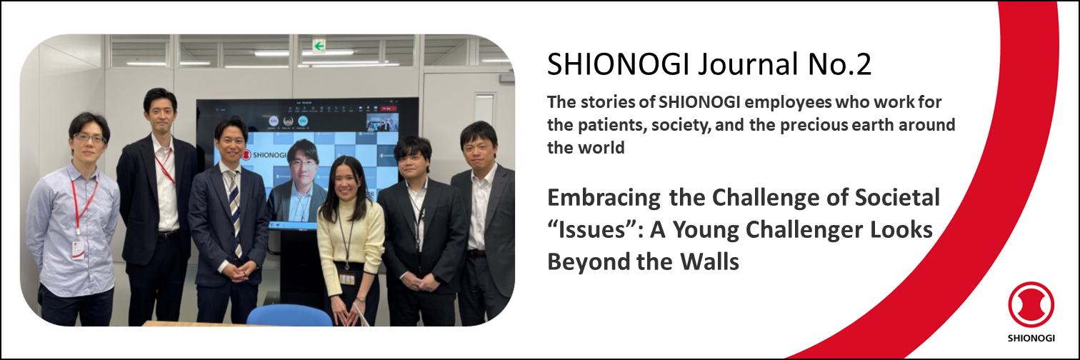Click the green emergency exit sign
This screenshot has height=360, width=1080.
319,46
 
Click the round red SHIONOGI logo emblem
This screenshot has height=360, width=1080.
1031,305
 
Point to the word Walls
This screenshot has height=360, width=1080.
709,261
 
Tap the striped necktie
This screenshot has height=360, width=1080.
235,212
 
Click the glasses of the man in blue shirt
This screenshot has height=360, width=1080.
89,139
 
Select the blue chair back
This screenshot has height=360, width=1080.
289,315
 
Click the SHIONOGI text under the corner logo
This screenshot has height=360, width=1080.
1031,338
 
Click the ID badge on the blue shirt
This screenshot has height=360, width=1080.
78,250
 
